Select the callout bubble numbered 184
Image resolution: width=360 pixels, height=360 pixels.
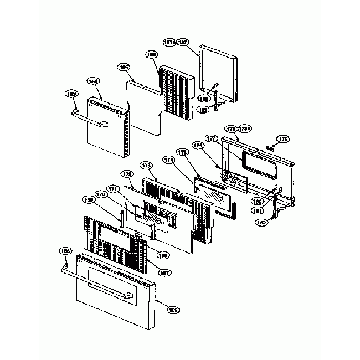coord(94,81)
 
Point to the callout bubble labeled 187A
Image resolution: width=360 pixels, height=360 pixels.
coord(170,42)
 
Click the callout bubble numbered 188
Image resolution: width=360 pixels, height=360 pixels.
coord(204,98)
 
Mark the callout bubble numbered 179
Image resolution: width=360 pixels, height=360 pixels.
coord(284,138)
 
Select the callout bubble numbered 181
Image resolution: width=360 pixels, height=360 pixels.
coord(258,210)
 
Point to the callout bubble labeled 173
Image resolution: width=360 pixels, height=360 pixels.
coord(146,166)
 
